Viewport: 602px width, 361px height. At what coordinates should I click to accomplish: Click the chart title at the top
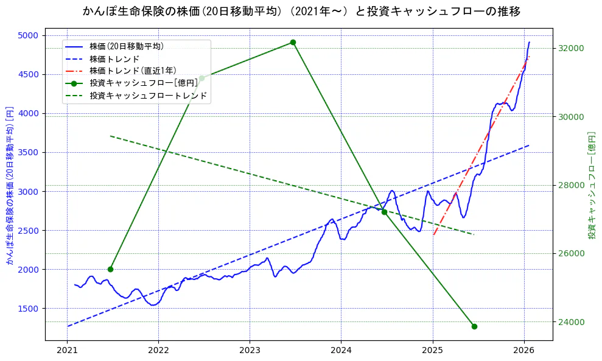(x=301, y=11)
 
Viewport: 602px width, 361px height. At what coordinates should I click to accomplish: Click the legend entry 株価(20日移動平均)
(x=126, y=46)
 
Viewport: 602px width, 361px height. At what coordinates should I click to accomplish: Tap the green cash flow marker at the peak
(x=293, y=43)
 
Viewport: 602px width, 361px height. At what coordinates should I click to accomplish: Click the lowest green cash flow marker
(x=474, y=326)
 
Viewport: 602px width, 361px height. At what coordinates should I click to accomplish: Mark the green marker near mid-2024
(x=384, y=212)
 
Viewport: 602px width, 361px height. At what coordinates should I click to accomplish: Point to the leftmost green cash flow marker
(x=110, y=269)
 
